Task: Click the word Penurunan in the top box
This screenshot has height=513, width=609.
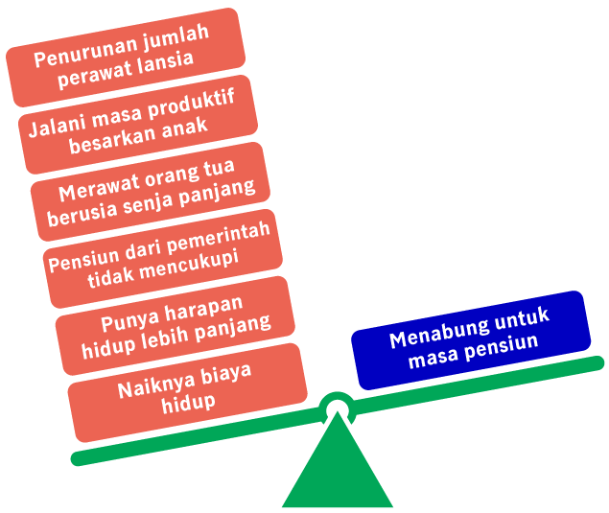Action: pos(86,53)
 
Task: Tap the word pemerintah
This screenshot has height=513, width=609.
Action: pos(219,237)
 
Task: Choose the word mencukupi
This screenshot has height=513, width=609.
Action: pos(189,267)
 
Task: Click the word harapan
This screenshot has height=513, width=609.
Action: pos(204,310)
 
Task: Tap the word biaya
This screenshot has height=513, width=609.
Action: pos(226,375)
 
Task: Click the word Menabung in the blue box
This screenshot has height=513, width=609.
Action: pos(439,334)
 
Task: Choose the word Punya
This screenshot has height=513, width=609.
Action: pos(130,321)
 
